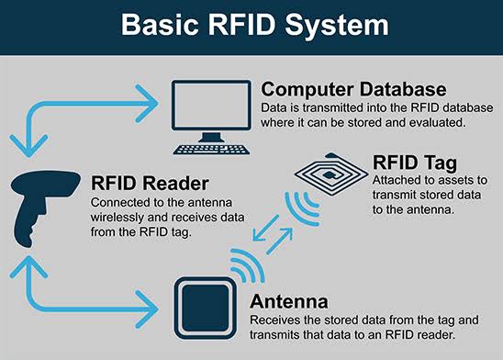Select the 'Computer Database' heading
click(353, 89)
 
